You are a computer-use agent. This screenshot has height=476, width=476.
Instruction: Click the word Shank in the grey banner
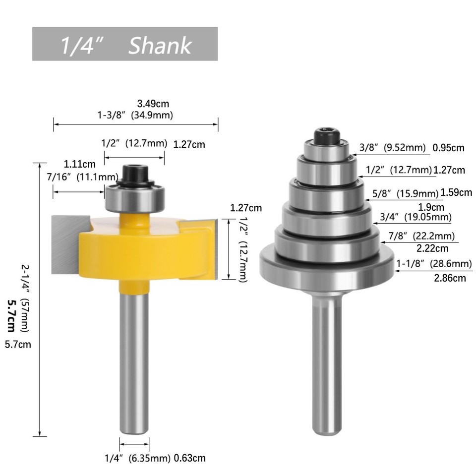point(160,46)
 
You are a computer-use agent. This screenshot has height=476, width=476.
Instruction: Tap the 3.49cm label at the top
point(153,104)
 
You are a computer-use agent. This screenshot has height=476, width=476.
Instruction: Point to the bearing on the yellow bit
point(134,197)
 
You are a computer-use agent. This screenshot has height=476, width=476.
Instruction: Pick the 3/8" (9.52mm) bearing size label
point(392,147)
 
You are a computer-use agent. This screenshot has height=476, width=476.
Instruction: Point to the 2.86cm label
point(450,278)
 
